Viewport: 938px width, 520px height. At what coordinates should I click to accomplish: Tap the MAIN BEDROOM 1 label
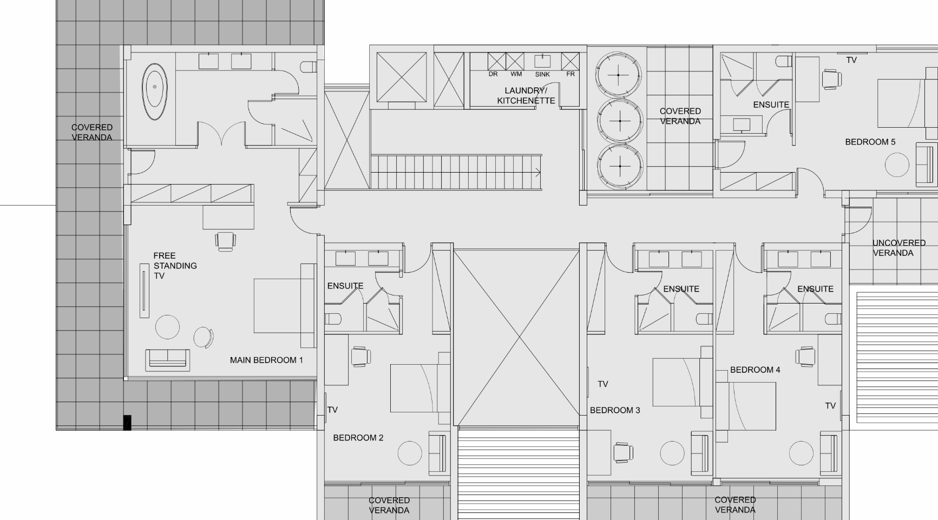pos(266,360)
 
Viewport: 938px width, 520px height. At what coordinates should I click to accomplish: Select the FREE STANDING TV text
pos(175,266)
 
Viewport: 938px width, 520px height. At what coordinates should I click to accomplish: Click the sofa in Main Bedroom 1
pos(167,360)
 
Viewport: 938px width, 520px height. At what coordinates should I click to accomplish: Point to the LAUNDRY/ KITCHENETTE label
pos(526,96)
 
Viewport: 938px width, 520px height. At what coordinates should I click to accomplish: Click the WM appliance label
pos(516,74)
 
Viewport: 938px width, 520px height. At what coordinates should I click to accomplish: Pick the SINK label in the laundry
pos(542,75)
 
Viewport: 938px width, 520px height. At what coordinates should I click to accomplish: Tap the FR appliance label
pos(570,74)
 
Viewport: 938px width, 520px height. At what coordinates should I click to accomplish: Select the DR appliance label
pos(493,74)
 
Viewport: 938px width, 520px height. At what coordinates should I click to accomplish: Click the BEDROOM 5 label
pos(870,142)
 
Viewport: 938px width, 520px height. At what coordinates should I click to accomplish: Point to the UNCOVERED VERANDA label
pos(898,248)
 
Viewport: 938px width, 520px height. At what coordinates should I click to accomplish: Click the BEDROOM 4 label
pos(755,370)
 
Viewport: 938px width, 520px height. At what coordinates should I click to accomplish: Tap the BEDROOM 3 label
pos(615,410)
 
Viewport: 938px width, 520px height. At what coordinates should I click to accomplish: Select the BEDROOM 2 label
pos(358,438)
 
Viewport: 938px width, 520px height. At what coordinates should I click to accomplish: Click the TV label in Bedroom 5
pos(851,60)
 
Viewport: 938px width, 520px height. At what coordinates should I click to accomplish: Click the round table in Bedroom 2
pos(410,453)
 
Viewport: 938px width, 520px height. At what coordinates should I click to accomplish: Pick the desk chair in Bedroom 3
pos(624,452)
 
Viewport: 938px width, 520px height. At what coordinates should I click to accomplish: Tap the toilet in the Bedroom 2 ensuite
pos(332,319)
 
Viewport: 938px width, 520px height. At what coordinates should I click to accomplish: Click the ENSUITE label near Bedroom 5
pos(771,104)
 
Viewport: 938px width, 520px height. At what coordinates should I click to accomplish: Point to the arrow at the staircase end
pos(537,173)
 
